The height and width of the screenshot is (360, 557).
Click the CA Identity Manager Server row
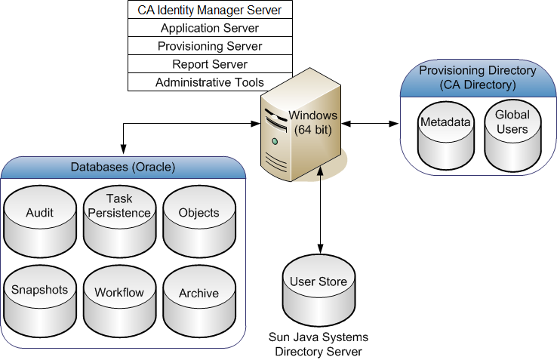(210, 10)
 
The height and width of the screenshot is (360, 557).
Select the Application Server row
(210, 28)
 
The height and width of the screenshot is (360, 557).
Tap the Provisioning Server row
(210, 46)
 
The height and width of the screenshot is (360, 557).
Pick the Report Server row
(210, 64)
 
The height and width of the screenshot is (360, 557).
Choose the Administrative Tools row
(210, 82)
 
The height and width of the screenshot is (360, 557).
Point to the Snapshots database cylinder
(40, 296)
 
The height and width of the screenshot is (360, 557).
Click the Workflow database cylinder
(119, 296)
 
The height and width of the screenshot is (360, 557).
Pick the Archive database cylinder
(199, 296)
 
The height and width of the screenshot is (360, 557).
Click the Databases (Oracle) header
(123, 167)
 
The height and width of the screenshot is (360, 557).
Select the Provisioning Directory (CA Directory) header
(477, 77)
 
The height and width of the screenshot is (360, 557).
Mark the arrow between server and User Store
(322, 211)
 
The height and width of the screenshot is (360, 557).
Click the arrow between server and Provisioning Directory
(369, 122)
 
